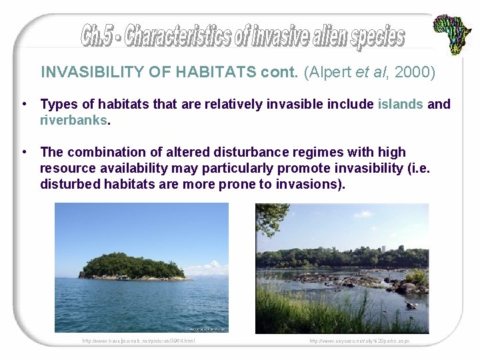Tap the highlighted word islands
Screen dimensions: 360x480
(x=400, y=104)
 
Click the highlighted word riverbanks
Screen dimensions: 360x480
(x=73, y=120)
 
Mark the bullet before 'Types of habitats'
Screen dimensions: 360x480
(x=24, y=104)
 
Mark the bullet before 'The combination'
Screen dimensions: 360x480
(x=24, y=153)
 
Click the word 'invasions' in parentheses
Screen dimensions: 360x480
(x=313, y=185)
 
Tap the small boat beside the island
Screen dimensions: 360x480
(x=123, y=277)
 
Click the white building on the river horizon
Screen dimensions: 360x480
(x=384, y=248)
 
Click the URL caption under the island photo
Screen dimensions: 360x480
(x=139, y=341)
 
